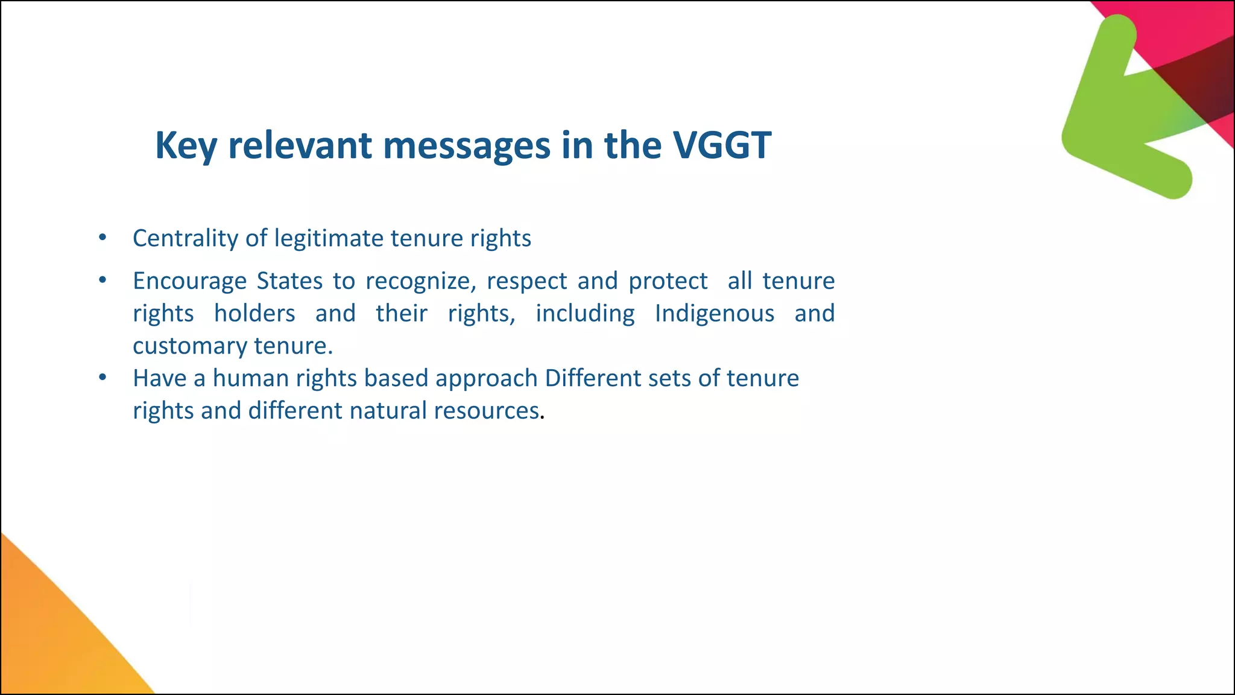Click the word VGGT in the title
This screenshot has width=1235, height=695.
coord(722,145)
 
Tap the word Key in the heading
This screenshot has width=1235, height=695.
coord(186,145)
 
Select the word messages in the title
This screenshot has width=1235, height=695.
coord(467,145)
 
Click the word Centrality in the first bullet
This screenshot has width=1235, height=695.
coord(185,238)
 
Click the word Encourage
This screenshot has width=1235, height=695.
coord(189,281)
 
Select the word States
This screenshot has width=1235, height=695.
coord(289,281)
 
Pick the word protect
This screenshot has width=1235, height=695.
coord(668,281)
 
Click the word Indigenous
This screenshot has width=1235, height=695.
coord(715,314)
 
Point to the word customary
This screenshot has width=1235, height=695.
coord(189,346)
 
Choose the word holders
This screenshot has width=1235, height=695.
coord(254,314)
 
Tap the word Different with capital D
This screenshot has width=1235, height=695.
coord(592,378)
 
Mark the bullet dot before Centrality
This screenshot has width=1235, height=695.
coord(103,238)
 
